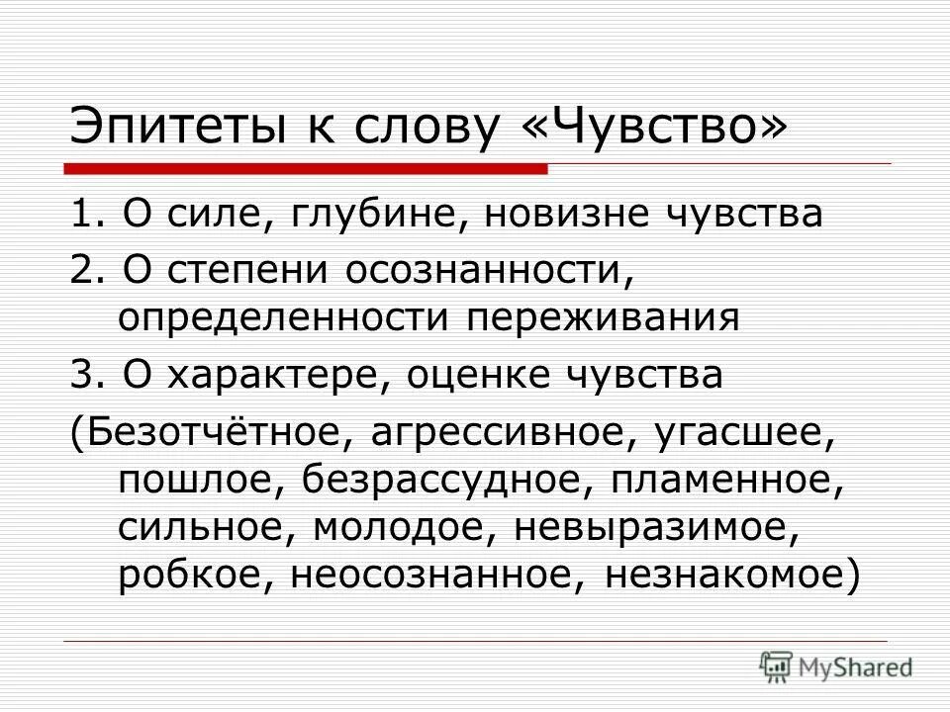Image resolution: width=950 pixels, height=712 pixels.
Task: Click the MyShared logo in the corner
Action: point(836,665)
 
